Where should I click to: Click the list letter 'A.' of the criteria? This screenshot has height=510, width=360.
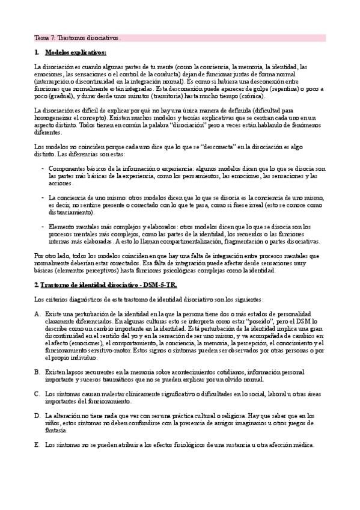click(37, 314)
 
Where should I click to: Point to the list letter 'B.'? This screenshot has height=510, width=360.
click(37, 372)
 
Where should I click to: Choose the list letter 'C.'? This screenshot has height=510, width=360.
click(37, 394)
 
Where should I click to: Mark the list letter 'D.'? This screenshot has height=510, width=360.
click(37, 416)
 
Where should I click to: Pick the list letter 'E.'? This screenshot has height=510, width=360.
click(37, 444)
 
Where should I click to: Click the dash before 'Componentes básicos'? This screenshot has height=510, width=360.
click(42, 169)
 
